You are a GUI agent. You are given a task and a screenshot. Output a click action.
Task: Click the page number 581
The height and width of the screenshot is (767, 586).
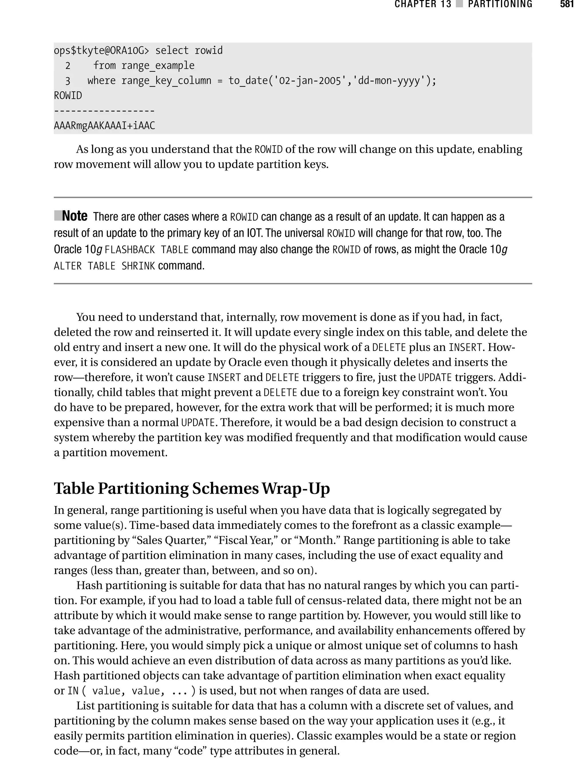567,4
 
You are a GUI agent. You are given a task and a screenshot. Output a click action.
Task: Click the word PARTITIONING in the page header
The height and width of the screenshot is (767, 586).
500,4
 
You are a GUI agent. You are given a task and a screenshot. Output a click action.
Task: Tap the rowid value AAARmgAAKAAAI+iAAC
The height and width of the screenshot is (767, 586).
104,126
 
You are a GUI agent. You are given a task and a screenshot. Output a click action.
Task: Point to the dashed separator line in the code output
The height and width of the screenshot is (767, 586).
104,111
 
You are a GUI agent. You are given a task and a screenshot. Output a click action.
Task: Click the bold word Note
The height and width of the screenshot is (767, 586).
75,216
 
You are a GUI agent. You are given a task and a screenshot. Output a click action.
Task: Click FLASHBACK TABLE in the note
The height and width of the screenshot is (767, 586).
146,250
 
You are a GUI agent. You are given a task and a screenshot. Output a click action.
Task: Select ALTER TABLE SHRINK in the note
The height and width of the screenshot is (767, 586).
104,266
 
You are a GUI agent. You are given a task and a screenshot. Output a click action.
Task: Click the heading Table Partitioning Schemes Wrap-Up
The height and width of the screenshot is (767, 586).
191,488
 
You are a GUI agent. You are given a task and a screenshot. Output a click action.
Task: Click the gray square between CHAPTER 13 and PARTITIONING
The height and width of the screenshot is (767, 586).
459,4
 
